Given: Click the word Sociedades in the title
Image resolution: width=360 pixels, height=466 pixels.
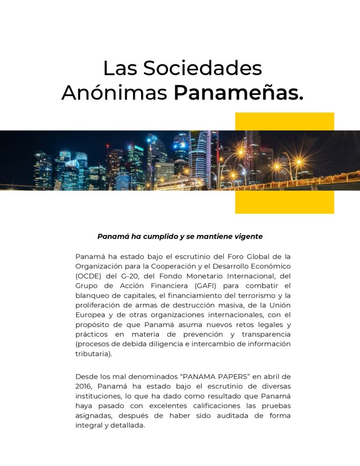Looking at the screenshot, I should pos(203,68).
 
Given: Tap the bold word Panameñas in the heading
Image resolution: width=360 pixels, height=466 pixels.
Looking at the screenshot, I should pos(238,93).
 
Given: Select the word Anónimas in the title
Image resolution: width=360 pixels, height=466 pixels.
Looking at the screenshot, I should pos(114,93).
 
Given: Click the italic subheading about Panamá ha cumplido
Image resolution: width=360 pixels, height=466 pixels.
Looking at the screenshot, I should pos(180,237).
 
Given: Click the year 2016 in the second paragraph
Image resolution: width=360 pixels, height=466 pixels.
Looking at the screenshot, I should pos(83,386).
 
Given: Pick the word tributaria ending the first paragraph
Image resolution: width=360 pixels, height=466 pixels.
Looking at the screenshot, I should pos(92,354).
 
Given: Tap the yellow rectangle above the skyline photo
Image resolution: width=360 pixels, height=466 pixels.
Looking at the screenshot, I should pos(284,121).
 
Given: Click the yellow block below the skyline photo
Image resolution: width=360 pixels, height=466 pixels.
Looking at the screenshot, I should pos(284,202).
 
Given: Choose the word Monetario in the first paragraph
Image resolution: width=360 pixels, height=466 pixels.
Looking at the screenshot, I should pos(197,276).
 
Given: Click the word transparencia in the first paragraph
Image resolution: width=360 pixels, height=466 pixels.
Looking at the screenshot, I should pos(267,334).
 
